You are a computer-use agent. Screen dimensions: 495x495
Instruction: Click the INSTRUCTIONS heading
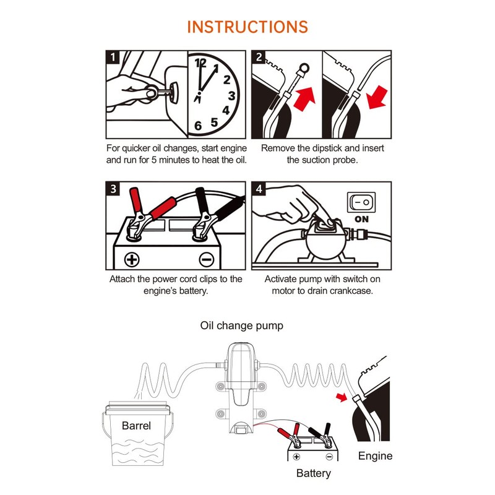click(x=247, y=27)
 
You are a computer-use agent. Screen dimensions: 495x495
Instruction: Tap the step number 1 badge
click(x=112, y=58)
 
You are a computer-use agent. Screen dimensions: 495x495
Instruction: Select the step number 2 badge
click(x=259, y=58)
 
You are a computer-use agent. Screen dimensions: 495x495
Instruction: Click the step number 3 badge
click(x=112, y=189)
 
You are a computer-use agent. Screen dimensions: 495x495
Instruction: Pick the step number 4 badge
click(x=259, y=189)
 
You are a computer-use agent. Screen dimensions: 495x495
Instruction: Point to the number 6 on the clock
click(x=198, y=126)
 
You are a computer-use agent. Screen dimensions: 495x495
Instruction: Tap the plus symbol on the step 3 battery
click(x=131, y=259)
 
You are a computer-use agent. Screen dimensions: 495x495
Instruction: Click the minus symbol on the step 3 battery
click(x=206, y=259)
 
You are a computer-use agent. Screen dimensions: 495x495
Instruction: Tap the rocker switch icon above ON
click(x=363, y=202)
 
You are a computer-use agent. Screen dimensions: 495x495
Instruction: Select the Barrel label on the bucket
click(x=136, y=426)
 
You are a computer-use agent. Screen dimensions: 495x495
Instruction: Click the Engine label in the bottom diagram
click(x=376, y=456)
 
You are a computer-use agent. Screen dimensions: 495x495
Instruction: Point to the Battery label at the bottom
click(x=313, y=473)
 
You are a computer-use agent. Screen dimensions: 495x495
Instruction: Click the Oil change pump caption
click(x=241, y=325)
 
